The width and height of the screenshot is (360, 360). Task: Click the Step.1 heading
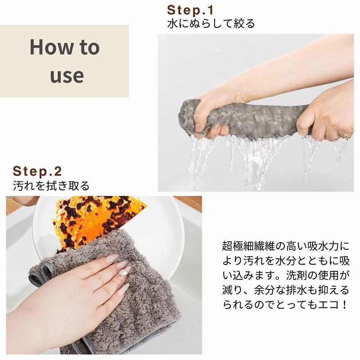[189, 10]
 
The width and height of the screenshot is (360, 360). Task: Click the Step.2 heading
[37, 171]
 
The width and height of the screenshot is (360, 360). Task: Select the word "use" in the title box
[67, 75]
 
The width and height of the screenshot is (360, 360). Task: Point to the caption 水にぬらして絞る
[211, 23]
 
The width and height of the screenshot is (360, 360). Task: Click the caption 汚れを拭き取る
[51, 185]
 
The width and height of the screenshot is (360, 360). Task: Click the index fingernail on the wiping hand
[111, 257]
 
